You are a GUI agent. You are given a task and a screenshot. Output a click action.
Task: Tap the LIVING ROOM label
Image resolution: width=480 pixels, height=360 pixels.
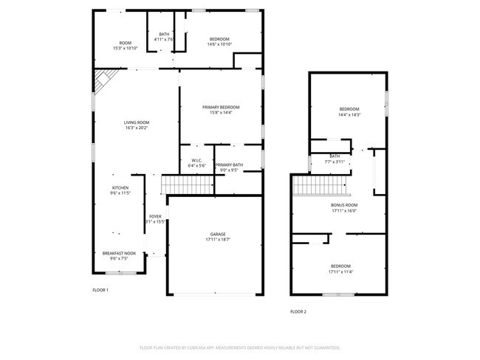coord(137,122)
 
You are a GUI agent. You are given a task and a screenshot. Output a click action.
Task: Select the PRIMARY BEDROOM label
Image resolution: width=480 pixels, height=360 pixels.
coord(222,107)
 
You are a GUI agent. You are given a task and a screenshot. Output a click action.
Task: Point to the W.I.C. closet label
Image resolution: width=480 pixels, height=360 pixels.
coord(196,160)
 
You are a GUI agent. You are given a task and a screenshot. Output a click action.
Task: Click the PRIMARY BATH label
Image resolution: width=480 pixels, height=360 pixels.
coord(229,165)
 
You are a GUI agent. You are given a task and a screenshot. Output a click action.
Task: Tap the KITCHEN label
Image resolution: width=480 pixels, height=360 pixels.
coord(120,187)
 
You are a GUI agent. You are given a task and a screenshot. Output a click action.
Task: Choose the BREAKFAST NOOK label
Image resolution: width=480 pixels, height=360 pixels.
coord(119,253)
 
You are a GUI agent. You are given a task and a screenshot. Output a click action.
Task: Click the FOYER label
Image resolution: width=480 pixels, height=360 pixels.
coord(155,216)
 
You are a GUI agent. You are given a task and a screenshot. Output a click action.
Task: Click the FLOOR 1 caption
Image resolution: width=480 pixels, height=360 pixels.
coord(100,290)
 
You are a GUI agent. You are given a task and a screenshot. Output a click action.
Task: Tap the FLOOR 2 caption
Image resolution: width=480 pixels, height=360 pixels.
coord(298,311)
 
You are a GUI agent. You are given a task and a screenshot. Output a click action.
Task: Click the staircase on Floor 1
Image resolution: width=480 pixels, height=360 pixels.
coord(188,184)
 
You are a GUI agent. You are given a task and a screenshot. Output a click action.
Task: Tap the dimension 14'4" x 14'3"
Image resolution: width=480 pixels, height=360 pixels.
coord(349,114)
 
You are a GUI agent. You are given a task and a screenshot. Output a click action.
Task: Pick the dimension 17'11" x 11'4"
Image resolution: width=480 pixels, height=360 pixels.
coord(340,271)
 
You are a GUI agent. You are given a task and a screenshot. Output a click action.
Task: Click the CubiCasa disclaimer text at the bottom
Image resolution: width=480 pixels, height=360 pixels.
coord(239,347)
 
